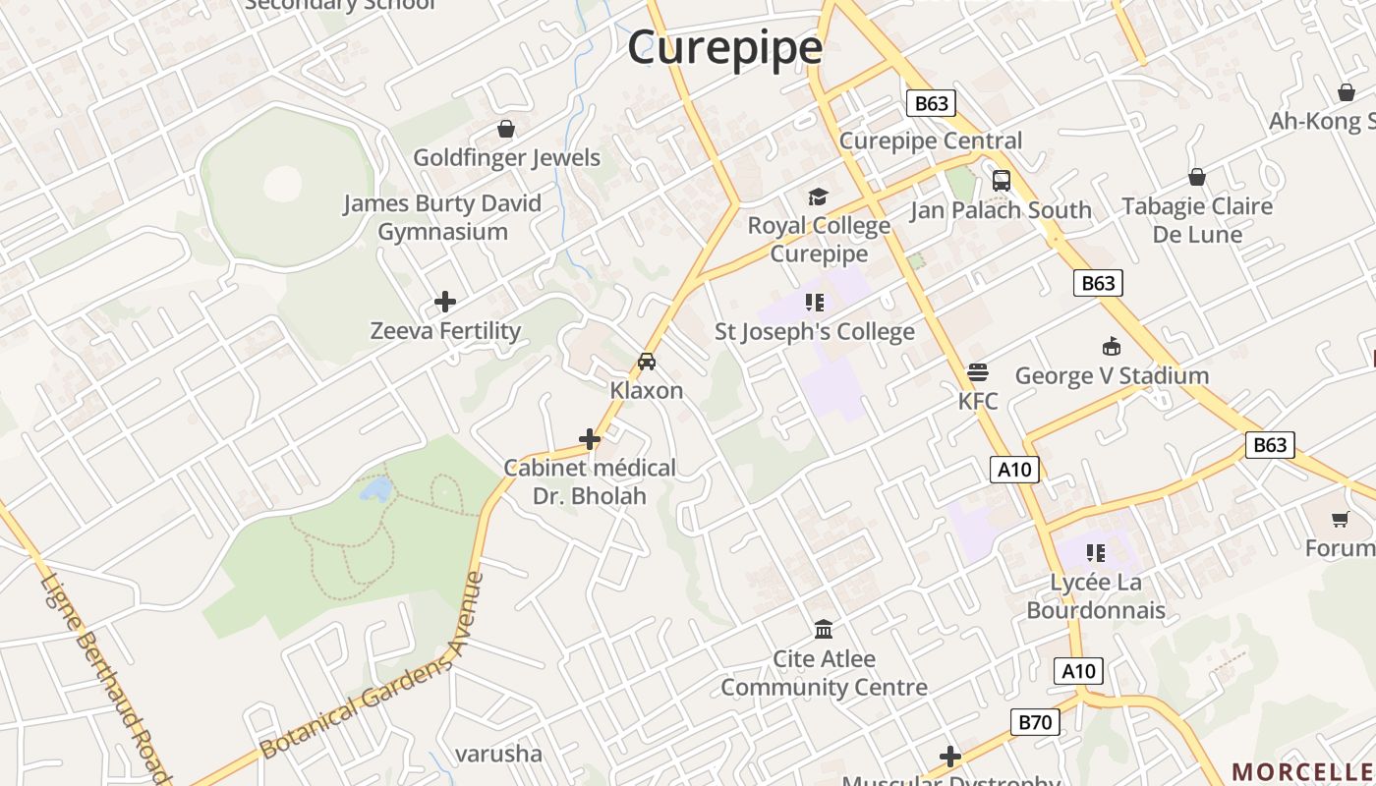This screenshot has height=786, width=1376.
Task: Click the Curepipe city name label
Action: [724, 47]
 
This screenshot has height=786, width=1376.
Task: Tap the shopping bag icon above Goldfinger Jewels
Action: [506, 129]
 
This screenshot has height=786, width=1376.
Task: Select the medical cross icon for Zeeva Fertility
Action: [445, 302]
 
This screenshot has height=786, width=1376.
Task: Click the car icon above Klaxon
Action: [647, 362]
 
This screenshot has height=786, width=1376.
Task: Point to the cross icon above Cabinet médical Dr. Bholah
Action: [590, 439]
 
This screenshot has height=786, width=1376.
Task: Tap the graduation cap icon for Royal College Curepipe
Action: [818, 197]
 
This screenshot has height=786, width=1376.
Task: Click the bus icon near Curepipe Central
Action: [1002, 181]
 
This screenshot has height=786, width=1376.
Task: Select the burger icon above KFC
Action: [977, 372]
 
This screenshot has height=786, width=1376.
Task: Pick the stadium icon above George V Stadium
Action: [1112, 347]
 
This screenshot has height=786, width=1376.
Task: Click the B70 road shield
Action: [1035, 723]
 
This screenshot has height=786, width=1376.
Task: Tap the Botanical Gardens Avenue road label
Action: [373, 667]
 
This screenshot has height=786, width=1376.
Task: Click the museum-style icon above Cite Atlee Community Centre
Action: [824, 629]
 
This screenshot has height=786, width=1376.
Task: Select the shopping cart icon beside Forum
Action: [1340, 519]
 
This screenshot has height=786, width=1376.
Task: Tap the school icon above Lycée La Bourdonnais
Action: [1095, 553]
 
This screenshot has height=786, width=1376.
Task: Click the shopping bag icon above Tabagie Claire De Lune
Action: [1197, 177]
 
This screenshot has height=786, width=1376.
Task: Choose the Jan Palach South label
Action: [1001, 210]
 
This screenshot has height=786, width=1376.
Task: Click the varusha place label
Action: [498, 754]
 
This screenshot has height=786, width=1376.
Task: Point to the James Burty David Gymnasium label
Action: [442, 217]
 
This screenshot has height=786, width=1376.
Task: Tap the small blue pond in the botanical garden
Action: [375, 488]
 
